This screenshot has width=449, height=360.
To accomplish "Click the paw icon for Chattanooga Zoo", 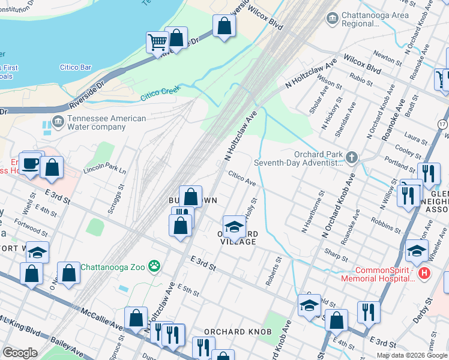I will click(x=155, y=265).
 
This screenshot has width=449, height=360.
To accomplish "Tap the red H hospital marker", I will click(x=424, y=273).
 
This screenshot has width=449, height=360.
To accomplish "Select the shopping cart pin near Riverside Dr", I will click(x=157, y=43).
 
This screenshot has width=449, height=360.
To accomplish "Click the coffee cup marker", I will click(x=29, y=163).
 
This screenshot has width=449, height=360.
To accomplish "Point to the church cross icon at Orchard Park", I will click(x=352, y=157).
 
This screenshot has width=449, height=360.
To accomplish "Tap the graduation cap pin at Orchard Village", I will click(x=234, y=227).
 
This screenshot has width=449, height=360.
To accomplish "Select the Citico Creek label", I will click(x=160, y=94).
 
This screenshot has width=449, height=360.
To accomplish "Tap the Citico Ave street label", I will click(x=242, y=178).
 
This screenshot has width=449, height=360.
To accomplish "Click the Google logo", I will click(x=20, y=352).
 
